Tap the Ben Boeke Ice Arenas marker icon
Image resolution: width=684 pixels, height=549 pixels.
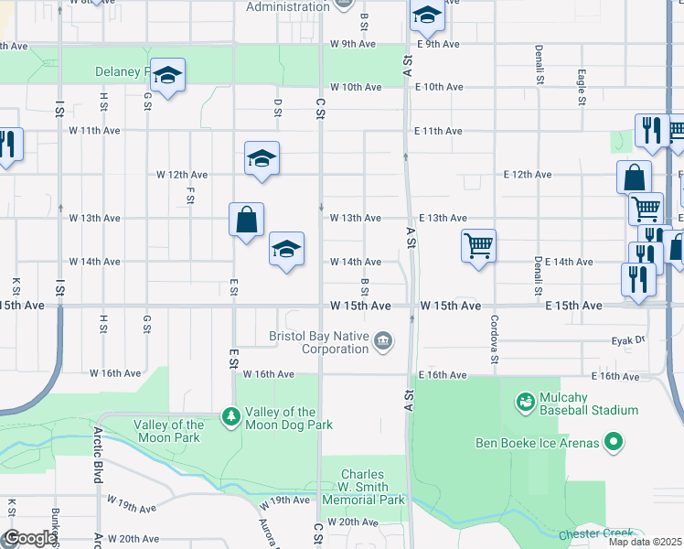pos(615,444)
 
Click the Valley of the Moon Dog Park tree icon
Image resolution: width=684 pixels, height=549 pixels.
pos(231,418)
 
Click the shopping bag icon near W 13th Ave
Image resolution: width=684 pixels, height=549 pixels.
pos(246,220)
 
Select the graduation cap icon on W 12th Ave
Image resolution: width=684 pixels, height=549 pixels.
pos(262,158)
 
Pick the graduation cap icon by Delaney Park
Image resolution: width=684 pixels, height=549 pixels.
pos(167,75)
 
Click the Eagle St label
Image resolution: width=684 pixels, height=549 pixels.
pos(580,89)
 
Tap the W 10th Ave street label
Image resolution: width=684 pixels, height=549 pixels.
pos(356,87)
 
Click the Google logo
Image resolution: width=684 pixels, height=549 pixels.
pos(30,538)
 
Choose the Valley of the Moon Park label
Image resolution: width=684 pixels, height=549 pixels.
pos(168,431)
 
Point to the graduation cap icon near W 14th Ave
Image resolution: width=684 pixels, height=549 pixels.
pos(286,249)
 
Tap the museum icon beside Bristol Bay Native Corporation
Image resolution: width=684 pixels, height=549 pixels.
pos(383,342)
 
